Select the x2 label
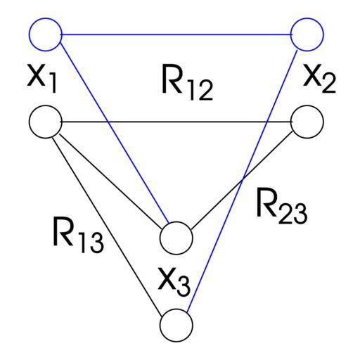[319, 79]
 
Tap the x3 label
[174, 282]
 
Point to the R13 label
[78, 235]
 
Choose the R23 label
[282, 206]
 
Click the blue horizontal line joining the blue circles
[176, 34]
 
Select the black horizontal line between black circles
[176, 122]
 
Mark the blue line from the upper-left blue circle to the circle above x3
[115, 133]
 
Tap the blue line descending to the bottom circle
[242, 181]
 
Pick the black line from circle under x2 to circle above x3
[243, 179]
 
